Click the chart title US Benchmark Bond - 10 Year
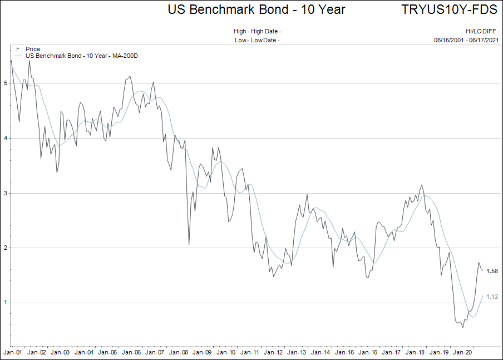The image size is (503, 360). click(257, 9)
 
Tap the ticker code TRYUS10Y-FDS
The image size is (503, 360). click(448, 9)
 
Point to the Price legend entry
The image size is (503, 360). click(33, 49)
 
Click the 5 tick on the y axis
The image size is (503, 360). click(6, 83)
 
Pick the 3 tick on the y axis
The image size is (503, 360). click(6, 193)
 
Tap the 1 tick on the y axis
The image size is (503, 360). click(6, 303)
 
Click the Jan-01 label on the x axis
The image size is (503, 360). click(12, 352)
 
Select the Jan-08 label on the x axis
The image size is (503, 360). click(179, 352)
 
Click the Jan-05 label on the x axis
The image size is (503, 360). click(107, 352)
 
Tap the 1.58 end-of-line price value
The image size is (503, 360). click(492, 271)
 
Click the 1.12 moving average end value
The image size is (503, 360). click(492, 297)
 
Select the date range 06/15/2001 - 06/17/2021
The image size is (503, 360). click(466, 40)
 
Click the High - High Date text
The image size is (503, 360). click(258, 31)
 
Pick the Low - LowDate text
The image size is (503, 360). click(257, 40)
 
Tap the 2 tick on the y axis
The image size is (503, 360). click(6, 248)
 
